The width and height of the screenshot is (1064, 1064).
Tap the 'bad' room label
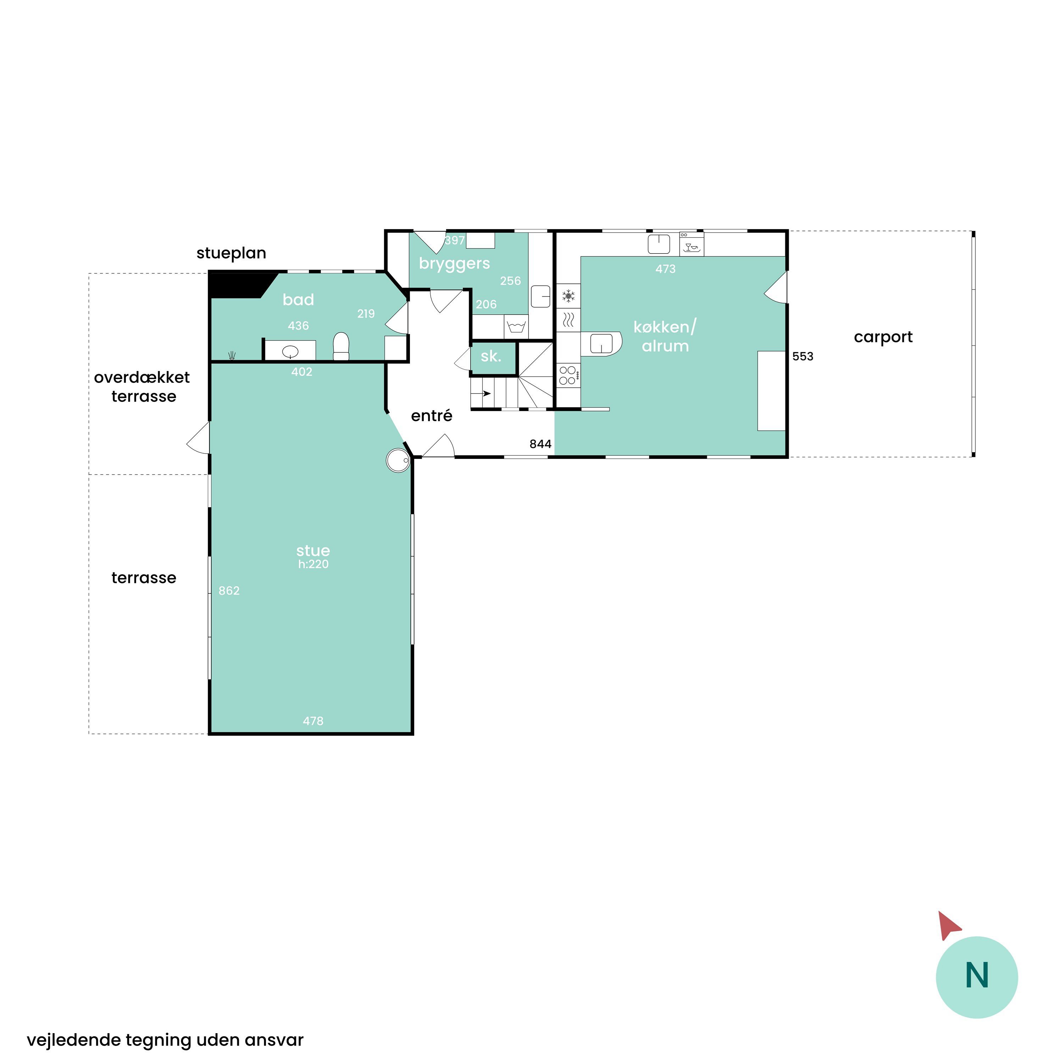[x=298, y=300]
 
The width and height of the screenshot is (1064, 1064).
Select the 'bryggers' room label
[x=454, y=264]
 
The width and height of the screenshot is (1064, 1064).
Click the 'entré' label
[x=431, y=415]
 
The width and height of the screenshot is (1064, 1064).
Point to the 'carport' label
[x=883, y=337]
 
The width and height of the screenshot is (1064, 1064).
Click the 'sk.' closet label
[x=491, y=356]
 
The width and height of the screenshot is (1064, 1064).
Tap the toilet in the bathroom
[x=341, y=346]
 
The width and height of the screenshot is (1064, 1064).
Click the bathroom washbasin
[x=290, y=351]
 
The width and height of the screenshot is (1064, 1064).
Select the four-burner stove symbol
[x=568, y=375]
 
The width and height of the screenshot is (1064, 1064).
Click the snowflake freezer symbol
[x=568, y=296]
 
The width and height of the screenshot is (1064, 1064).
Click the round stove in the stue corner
[x=398, y=460]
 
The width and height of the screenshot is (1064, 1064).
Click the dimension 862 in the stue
[x=229, y=591]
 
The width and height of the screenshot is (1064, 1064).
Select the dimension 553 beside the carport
[x=802, y=356]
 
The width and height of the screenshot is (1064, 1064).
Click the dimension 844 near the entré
[x=540, y=444]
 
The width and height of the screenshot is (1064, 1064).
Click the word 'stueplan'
[x=231, y=253]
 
